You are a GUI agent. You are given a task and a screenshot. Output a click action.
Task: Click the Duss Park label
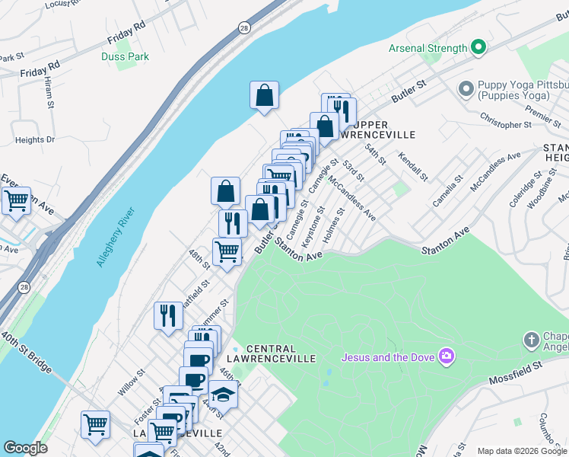(x=126, y=56)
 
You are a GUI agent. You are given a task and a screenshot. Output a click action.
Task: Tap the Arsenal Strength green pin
(x=478, y=48)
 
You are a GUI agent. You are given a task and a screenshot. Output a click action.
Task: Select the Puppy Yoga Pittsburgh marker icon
(x=466, y=90)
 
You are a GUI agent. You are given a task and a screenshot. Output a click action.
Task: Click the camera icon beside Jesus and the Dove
(x=447, y=356)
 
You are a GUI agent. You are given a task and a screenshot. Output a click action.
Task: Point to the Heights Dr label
(x=35, y=140)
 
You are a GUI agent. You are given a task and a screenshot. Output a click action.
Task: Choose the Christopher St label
(x=506, y=122)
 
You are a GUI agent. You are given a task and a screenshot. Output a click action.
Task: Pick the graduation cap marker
(x=222, y=395)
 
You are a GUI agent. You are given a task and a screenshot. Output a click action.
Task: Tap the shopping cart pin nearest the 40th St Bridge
(x=95, y=424)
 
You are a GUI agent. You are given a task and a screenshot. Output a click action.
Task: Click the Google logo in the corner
(x=25, y=448)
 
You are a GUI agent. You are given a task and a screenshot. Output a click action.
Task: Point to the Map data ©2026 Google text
(x=522, y=451)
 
